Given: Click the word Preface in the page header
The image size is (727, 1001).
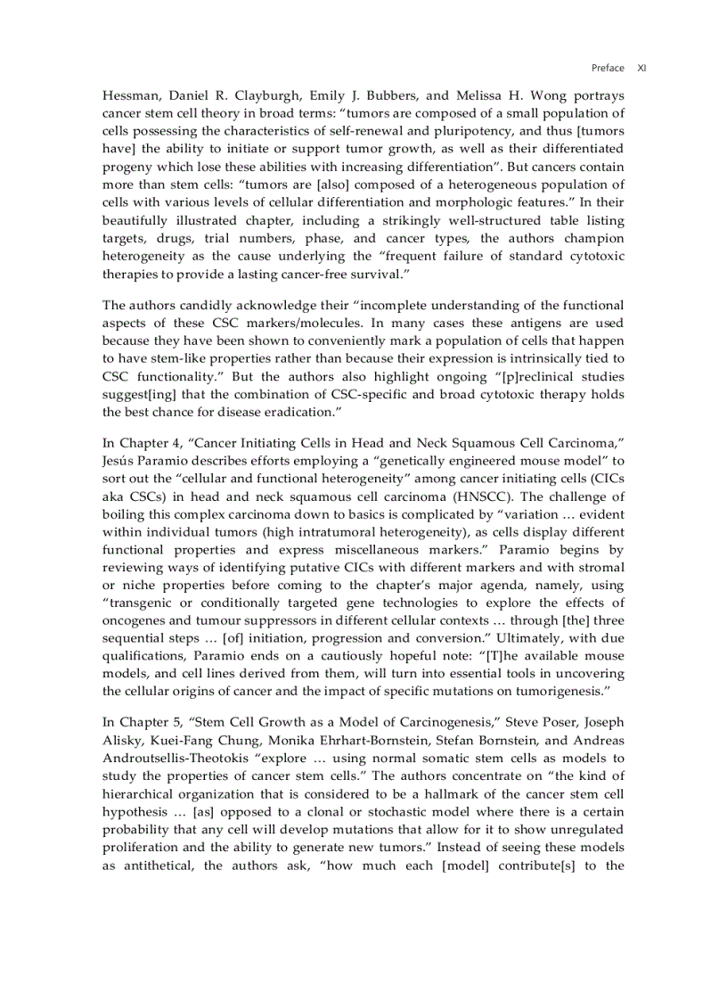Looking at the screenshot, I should [x=608, y=68].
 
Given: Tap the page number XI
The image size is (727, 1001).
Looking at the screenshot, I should [x=641, y=68].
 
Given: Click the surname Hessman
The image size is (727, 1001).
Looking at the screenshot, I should [x=131, y=95].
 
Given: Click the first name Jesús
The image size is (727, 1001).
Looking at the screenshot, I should [x=121, y=460].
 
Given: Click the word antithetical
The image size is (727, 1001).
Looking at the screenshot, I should [x=157, y=865].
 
